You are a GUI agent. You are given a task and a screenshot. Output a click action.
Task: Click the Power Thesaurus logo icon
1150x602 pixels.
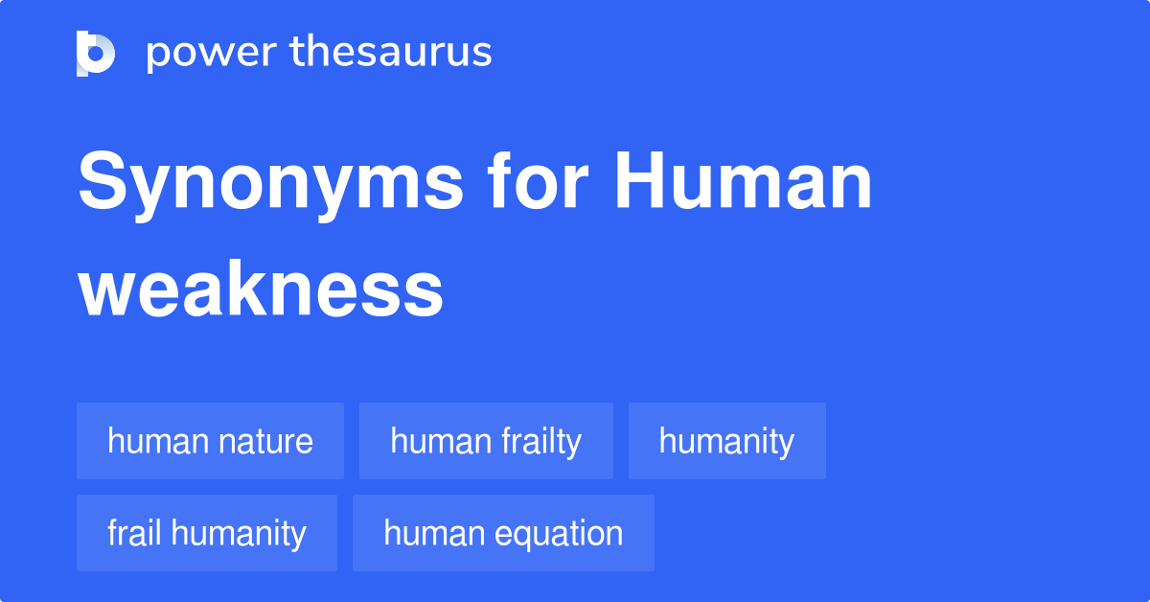(96, 53)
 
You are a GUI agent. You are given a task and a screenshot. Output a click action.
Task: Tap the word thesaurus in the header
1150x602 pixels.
(391, 53)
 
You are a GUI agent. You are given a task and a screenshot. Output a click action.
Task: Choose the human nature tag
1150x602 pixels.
(210, 442)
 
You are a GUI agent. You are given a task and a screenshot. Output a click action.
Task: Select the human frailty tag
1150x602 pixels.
(486, 442)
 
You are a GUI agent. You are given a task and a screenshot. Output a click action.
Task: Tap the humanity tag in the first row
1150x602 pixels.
(726, 442)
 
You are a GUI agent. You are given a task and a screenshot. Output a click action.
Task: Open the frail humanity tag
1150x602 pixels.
(207, 533)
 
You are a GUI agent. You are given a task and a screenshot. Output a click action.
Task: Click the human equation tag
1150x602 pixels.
(503, 533)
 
